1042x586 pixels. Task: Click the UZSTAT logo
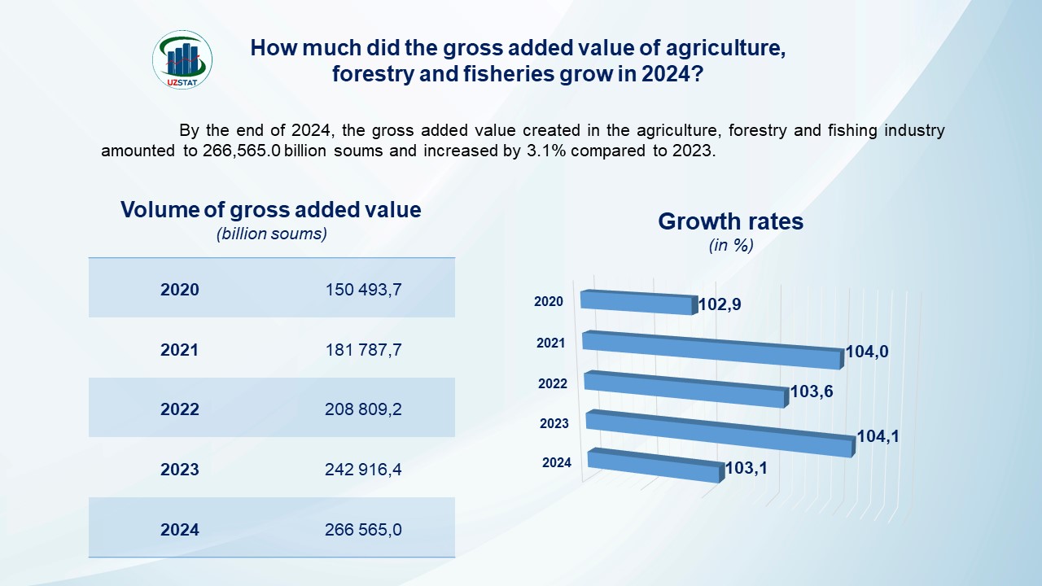click(x=182, y=59)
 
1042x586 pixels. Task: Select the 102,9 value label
click(x=720, y=306)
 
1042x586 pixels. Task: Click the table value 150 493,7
click(x=363, y=290)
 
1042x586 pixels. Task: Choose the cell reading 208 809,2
click(x=363, y=409)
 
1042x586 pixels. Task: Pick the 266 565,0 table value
click(x=363, y=530)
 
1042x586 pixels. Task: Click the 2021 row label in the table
click(x=179, y=350)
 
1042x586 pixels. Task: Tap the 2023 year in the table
click(x=179, y=470)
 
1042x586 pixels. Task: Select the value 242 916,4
click(x=363, y=470)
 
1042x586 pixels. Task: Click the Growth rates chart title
click(x=730, y=221)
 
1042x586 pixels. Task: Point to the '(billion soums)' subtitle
click(x=271, y=234)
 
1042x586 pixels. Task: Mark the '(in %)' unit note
click(x=730, y=245)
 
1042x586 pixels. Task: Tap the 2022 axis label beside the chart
click(x=553, y=383)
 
